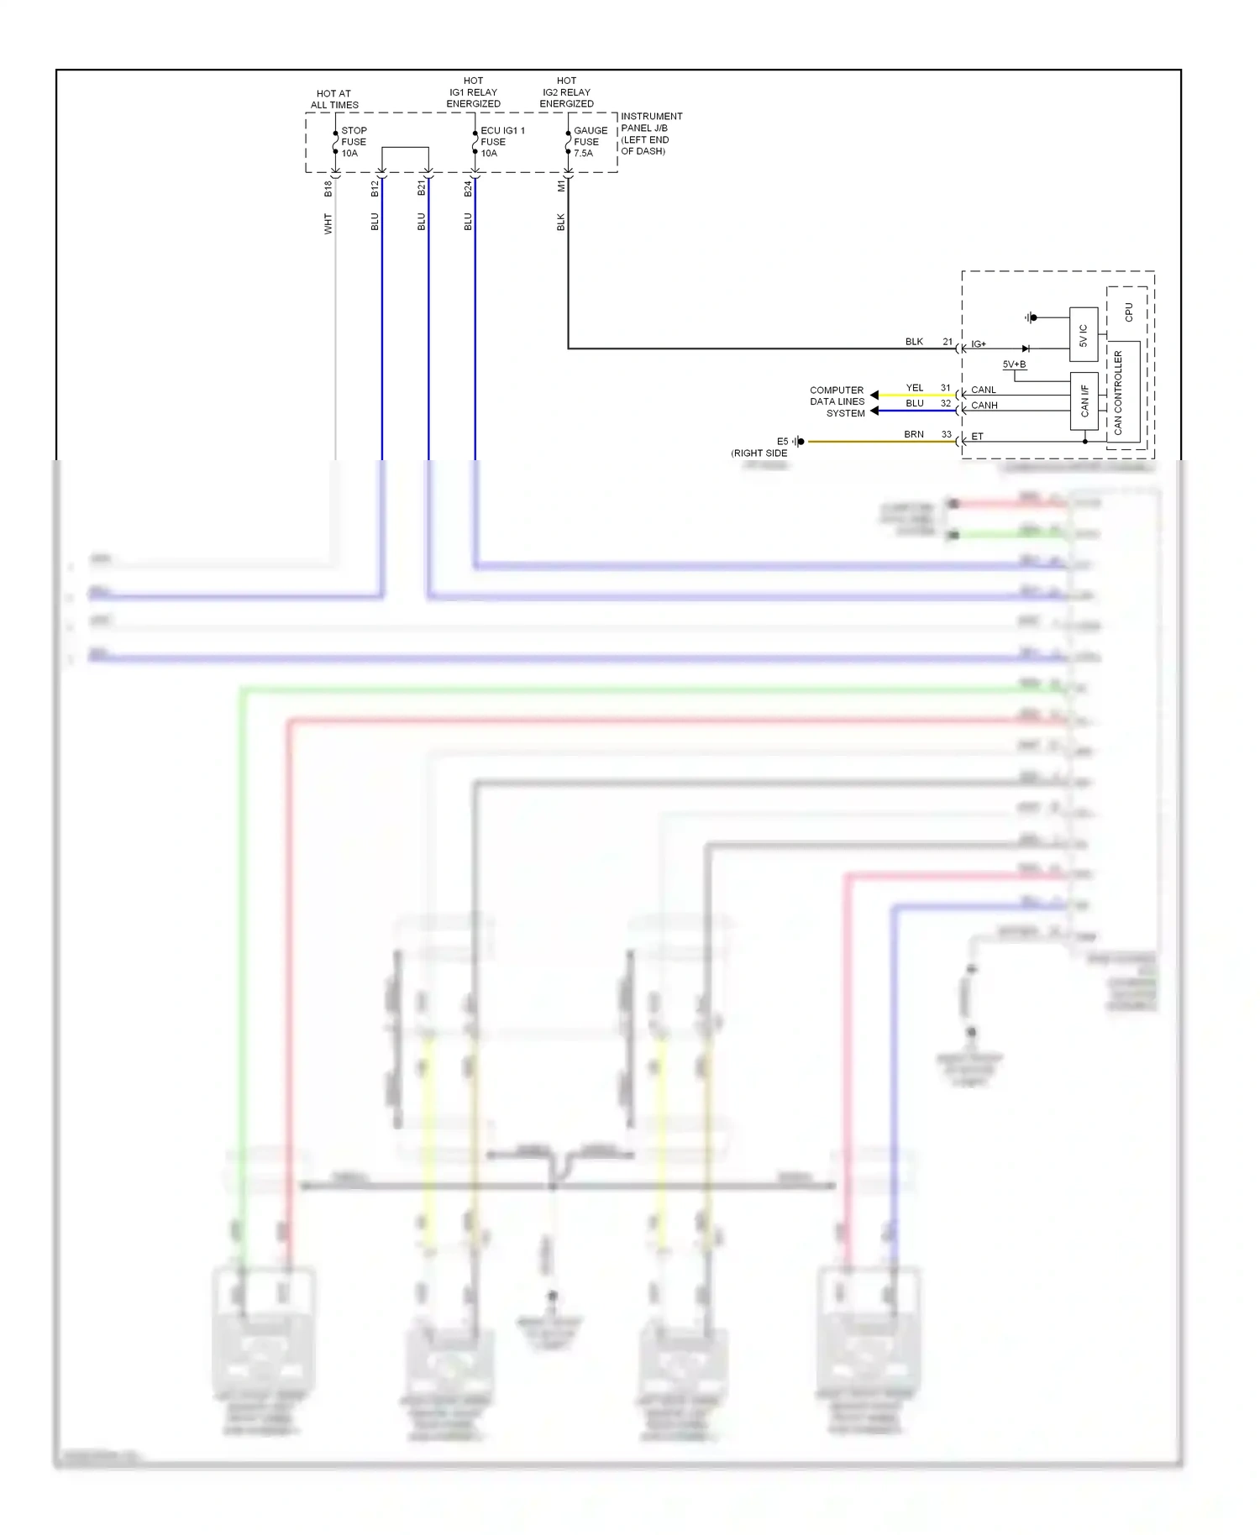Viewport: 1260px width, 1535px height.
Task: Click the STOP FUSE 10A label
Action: tap(353, 142)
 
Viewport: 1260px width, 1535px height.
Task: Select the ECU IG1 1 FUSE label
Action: tap(501, 142)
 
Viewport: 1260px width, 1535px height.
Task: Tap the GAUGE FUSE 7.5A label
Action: tap(590, 142)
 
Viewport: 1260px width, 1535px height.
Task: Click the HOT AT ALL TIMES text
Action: tap(334, 99)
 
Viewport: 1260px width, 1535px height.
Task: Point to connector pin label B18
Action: tap(328, 189)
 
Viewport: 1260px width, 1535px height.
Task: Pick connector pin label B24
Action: tap(468, 189)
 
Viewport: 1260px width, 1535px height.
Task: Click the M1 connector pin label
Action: tap(561, 186)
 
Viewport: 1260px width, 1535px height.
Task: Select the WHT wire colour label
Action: tap(328, 223)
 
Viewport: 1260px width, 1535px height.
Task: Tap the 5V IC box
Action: tap(1083, 335)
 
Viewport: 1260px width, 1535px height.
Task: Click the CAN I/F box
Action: tap(1084, 401)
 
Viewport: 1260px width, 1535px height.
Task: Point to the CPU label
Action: tap(1128, 312)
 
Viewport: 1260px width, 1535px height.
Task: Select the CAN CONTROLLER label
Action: tap(1118, 392)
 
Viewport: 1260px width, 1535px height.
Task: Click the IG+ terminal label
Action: tap(979, 344)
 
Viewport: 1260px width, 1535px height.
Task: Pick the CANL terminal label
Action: tap(983, 390)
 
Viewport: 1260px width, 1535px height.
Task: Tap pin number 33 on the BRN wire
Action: tap(946, 434)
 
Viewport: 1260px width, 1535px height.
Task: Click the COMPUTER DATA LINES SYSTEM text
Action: tap(837, 401)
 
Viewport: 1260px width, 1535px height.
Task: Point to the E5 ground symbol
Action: tap(799, 442)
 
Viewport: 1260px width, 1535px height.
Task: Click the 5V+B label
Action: tap(1014, 364)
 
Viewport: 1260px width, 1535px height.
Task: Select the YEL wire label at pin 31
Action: tap(914, 388)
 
